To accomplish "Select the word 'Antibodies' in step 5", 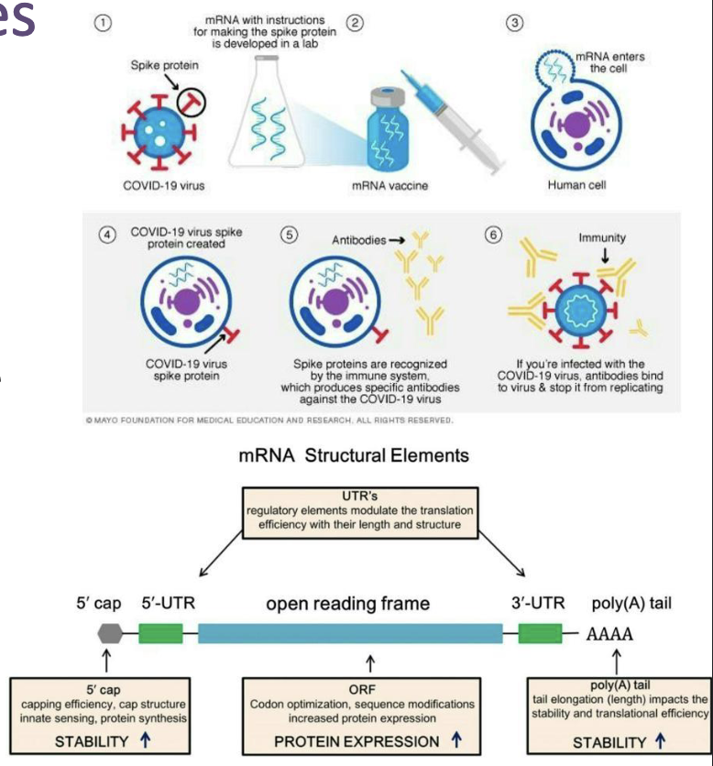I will click(358, 240).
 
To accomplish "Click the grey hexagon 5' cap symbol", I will click(107, 633).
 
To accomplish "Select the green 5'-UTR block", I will click(159, 633).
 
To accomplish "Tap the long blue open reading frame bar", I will click(349, 633).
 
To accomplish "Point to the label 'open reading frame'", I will click(347, 604).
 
